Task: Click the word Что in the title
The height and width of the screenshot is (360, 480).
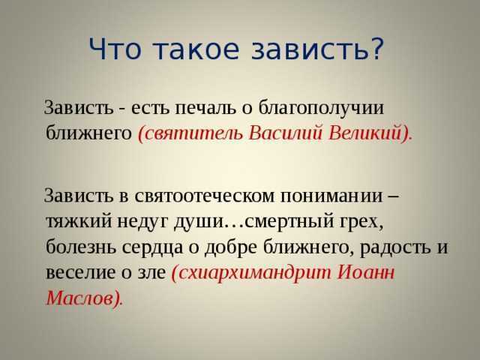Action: point(115,49)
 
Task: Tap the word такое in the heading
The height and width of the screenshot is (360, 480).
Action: point(196,49)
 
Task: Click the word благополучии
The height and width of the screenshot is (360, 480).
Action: point(321,108)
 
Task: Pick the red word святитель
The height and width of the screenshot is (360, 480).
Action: point(190,133)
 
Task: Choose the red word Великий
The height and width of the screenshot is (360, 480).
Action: point(370,133)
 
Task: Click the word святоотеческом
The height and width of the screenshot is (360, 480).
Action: point(205,196)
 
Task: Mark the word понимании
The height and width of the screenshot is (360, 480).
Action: point(331,196)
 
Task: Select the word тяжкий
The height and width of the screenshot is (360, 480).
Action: point(79,221)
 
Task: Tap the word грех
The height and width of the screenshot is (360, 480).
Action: point(361,223)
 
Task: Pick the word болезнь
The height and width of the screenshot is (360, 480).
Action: point(81,247)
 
